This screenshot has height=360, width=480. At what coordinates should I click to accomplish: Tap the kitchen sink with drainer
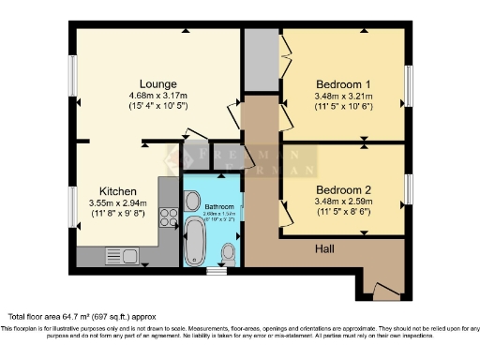tap(120, 254)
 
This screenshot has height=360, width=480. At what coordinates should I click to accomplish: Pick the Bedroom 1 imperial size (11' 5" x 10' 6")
tap(344, 106)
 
